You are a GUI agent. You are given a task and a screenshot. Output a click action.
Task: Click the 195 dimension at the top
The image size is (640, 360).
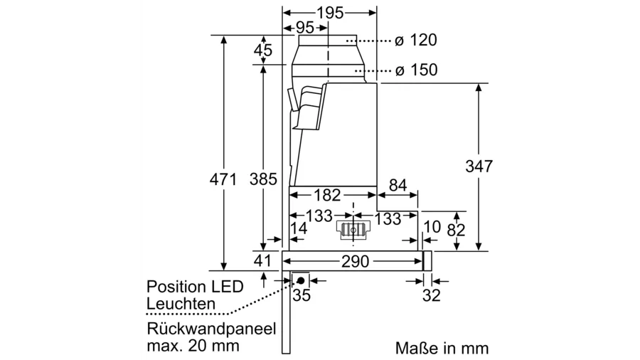tap(330, 12)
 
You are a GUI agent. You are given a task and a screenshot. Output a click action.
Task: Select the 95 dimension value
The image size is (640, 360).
tap(304, 28)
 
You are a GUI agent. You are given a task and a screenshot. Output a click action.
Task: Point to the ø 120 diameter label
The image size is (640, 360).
tap(416, 41)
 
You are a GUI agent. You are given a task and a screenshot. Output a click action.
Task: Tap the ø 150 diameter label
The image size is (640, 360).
tap(416, 70)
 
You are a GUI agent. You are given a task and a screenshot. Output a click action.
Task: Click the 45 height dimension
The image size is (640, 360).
tap(263, 51)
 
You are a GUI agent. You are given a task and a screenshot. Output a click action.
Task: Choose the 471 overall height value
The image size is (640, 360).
tap(223, 180)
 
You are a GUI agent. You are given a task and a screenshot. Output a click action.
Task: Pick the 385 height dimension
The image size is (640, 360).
tap(263, 180)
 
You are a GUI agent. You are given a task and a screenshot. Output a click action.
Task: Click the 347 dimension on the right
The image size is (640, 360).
tap(479, 166)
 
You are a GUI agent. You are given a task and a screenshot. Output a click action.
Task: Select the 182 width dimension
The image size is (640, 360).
tap(328, 195)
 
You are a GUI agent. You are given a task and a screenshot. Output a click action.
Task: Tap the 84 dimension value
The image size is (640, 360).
tap(398, 186)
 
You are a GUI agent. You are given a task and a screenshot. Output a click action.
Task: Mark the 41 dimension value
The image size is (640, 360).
tap(263, 260)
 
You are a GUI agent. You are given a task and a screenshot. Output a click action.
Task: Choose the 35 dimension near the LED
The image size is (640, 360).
tap(302, 295)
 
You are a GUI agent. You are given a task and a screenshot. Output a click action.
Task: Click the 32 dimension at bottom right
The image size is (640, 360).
tap(431, 295)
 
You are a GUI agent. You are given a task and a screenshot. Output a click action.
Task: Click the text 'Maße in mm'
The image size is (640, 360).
tap(442, 348)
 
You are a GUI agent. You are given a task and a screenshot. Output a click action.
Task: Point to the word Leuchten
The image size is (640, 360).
tap(181, 304)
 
